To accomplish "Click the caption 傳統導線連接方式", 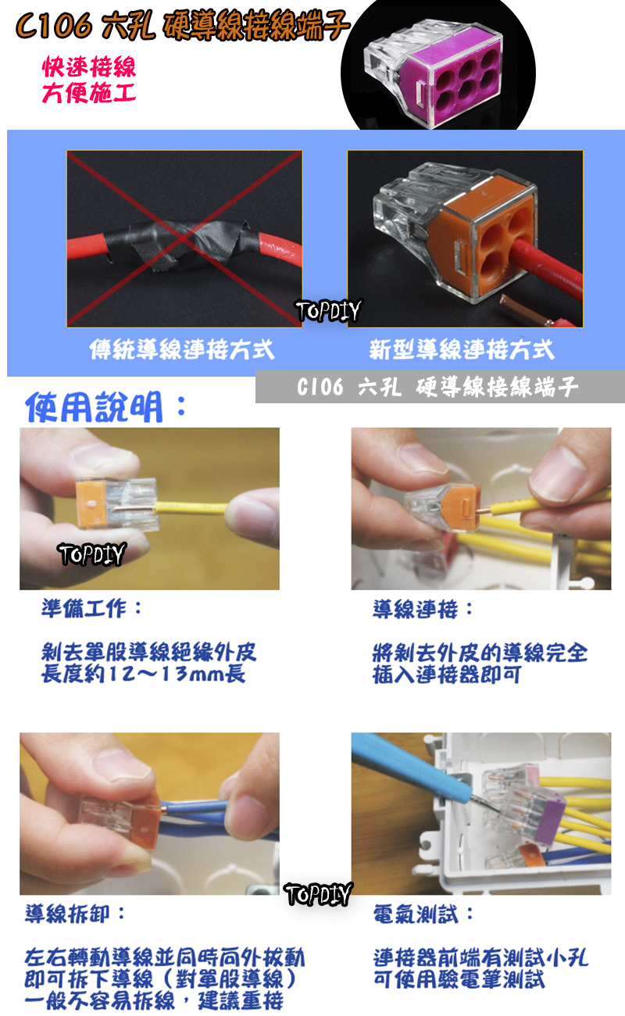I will pos(182,349).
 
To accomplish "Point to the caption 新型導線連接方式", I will pos(462,349).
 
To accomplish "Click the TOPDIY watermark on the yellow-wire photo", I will pos(92,554).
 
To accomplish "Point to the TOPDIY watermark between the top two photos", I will pos(328,311).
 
